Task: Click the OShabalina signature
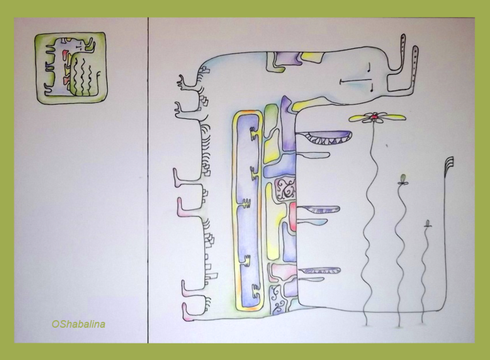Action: click(78, 324)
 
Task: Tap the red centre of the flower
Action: click(374, 117)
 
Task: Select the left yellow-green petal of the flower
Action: click(359, 118)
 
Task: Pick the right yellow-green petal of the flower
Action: click(392, 117)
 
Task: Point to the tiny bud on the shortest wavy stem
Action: click(427, 223)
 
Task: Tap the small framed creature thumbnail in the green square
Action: click(71, 68)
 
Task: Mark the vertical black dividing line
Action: click(148, 180)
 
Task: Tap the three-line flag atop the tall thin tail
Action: click(449, 164)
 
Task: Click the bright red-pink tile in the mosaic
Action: click(293, 216)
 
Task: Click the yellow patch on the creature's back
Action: click(312, 57)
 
